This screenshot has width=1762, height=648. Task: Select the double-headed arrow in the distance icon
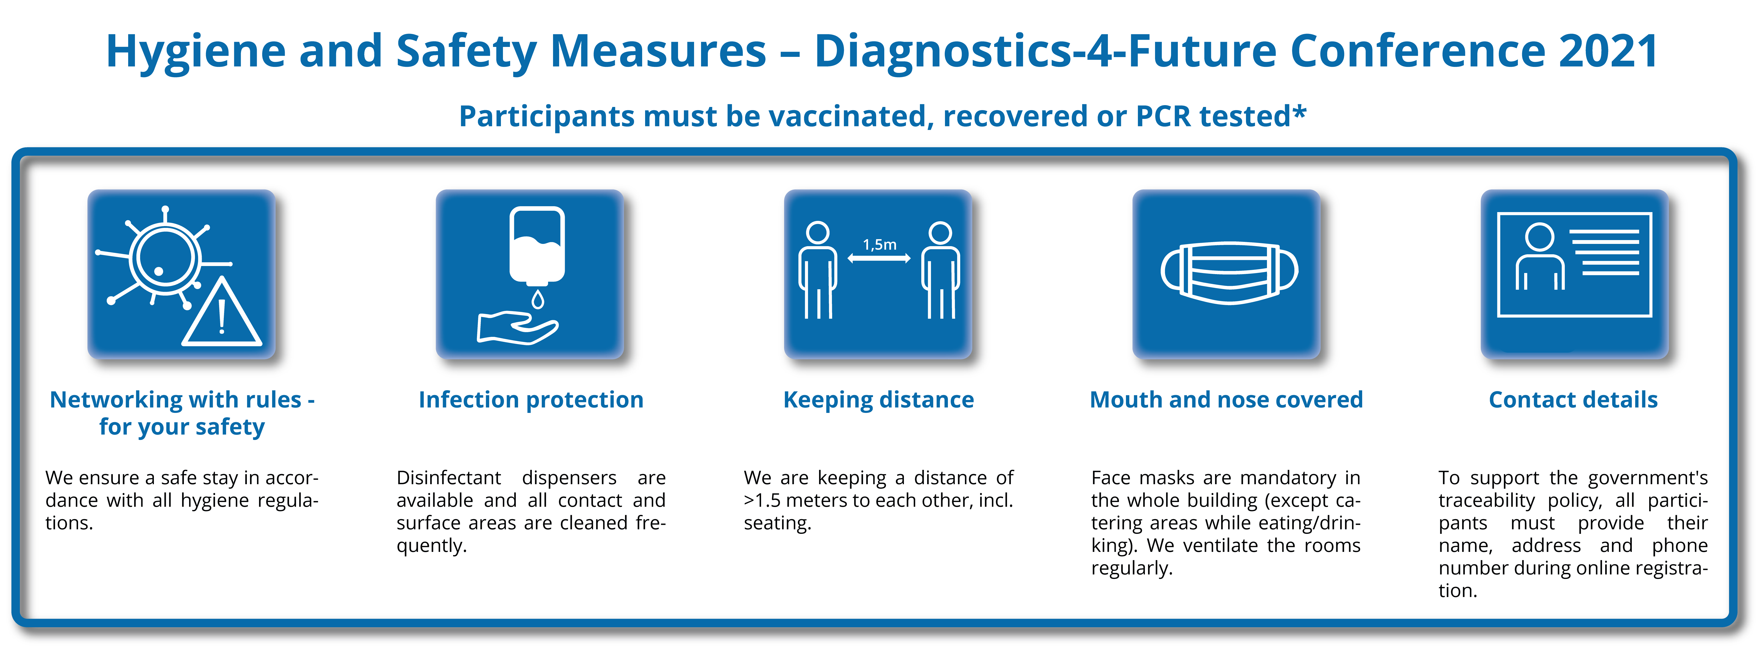pyautogui.click(x=879, y=259)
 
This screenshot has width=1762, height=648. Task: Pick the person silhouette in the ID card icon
pyautogui.click(x=1540, y=257)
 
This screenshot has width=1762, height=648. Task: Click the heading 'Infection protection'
pyautogui.click(x=531, y=400)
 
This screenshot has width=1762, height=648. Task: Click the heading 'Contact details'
pyautogui.click(x=1573, y=400)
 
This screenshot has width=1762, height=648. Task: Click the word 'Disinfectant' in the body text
pyautogui.click(x=449, y=478)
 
